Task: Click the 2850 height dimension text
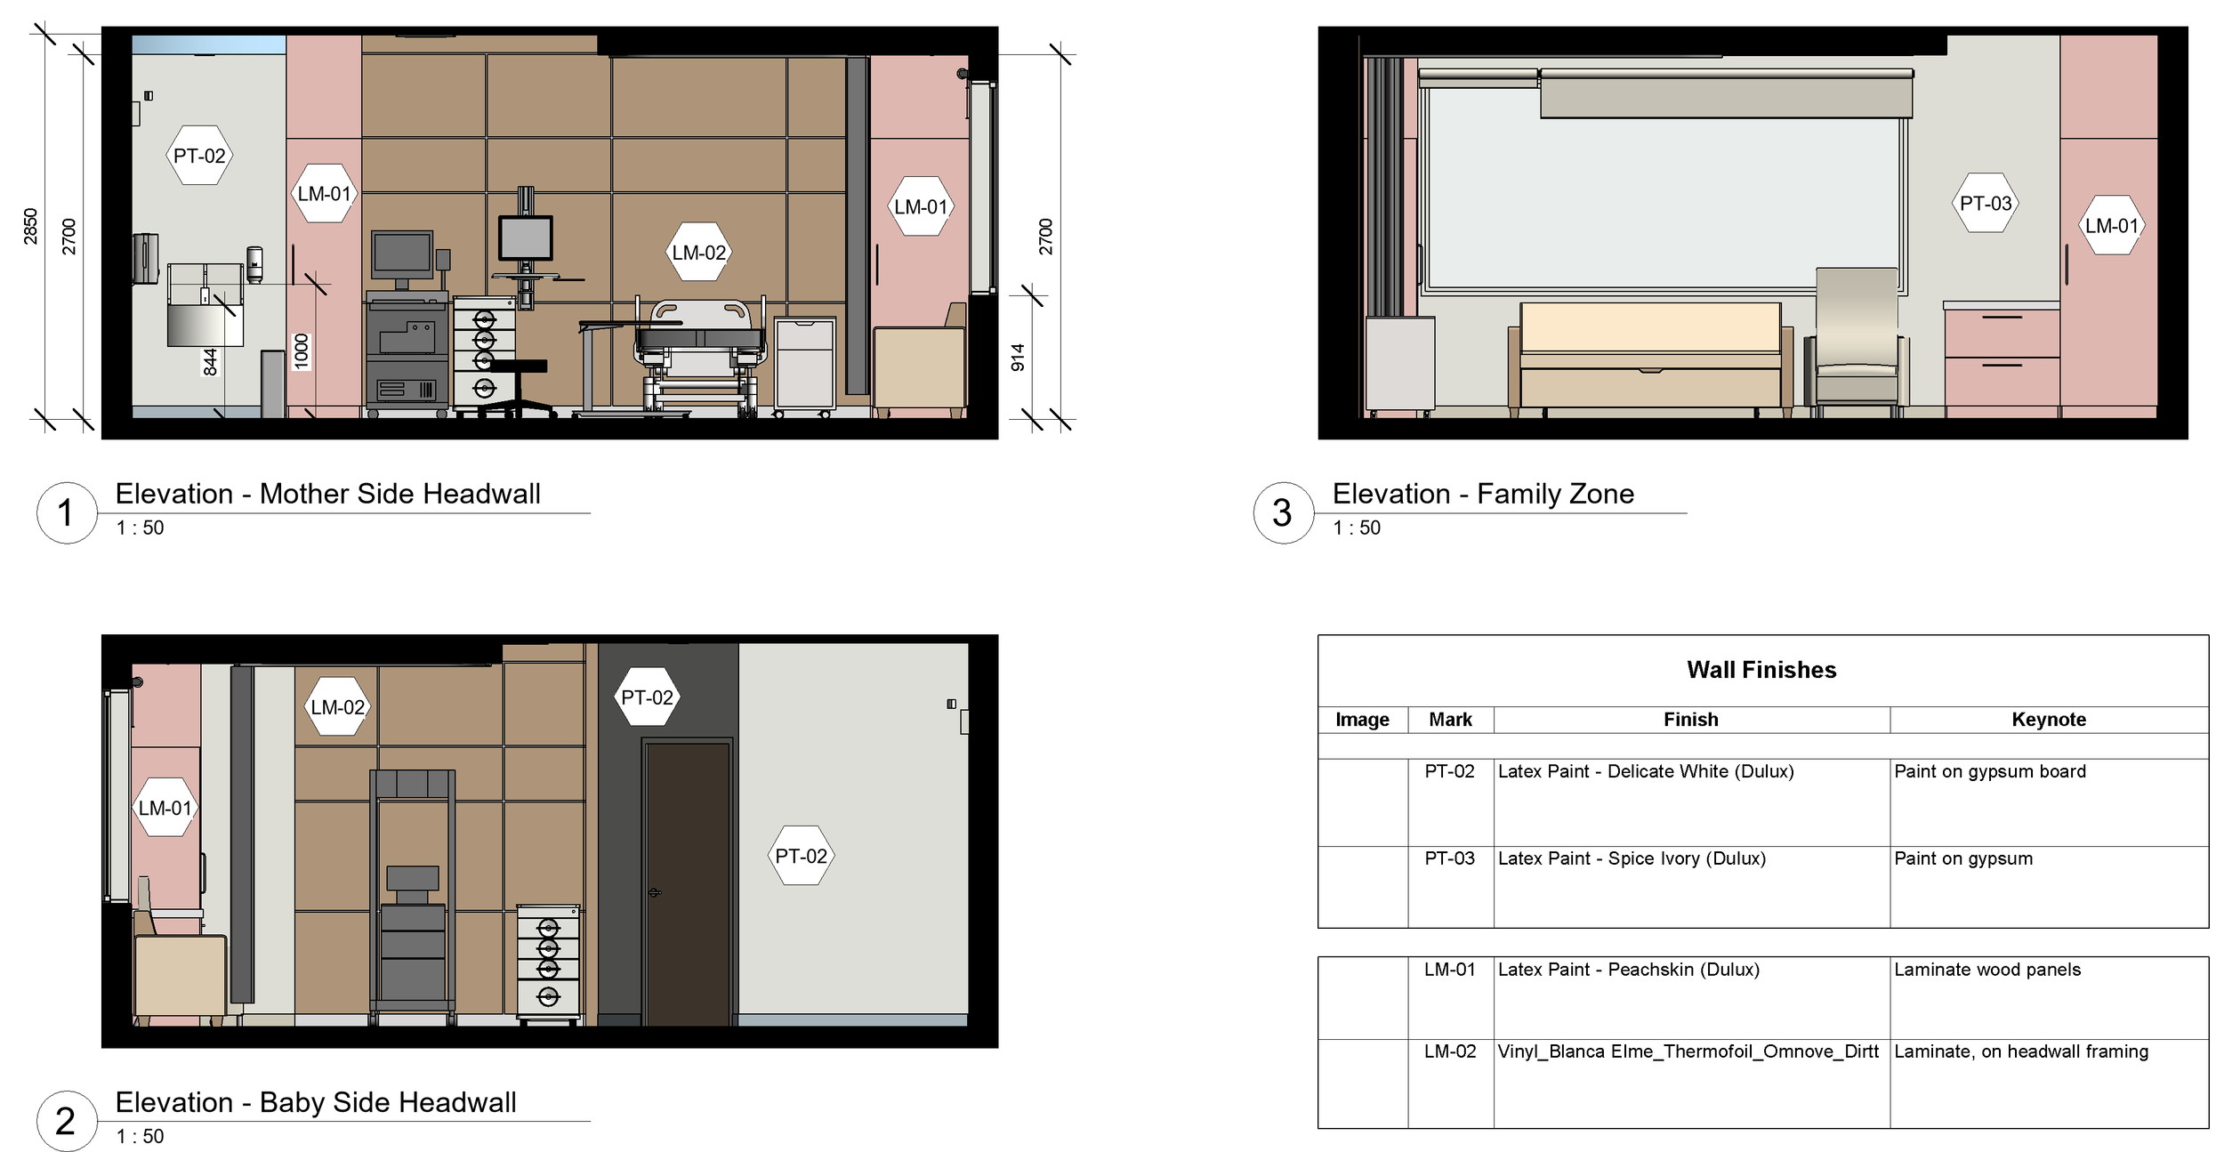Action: [31, 226]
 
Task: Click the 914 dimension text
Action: [1018, 357]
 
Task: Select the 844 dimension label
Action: [210, 362]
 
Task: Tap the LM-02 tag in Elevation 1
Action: [698, 253]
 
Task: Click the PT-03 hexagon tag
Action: [1986, 204]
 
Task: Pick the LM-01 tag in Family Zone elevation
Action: [2111, 226]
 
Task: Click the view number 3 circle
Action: [1282, 512]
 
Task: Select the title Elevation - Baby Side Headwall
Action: [316, 1102]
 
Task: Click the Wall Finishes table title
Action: [1761, 670]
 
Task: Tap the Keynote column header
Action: [2048, 720]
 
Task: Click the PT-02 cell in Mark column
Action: [1449, 771]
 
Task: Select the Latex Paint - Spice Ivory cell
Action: [1632, 858]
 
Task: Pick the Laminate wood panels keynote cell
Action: [1987, 970]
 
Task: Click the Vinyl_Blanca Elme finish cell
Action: [1688, 1051]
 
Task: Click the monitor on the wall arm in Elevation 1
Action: [525, 238]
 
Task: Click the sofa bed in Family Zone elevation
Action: [1650, 356]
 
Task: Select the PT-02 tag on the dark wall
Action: [647, 697]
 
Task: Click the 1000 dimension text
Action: [302, 351]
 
